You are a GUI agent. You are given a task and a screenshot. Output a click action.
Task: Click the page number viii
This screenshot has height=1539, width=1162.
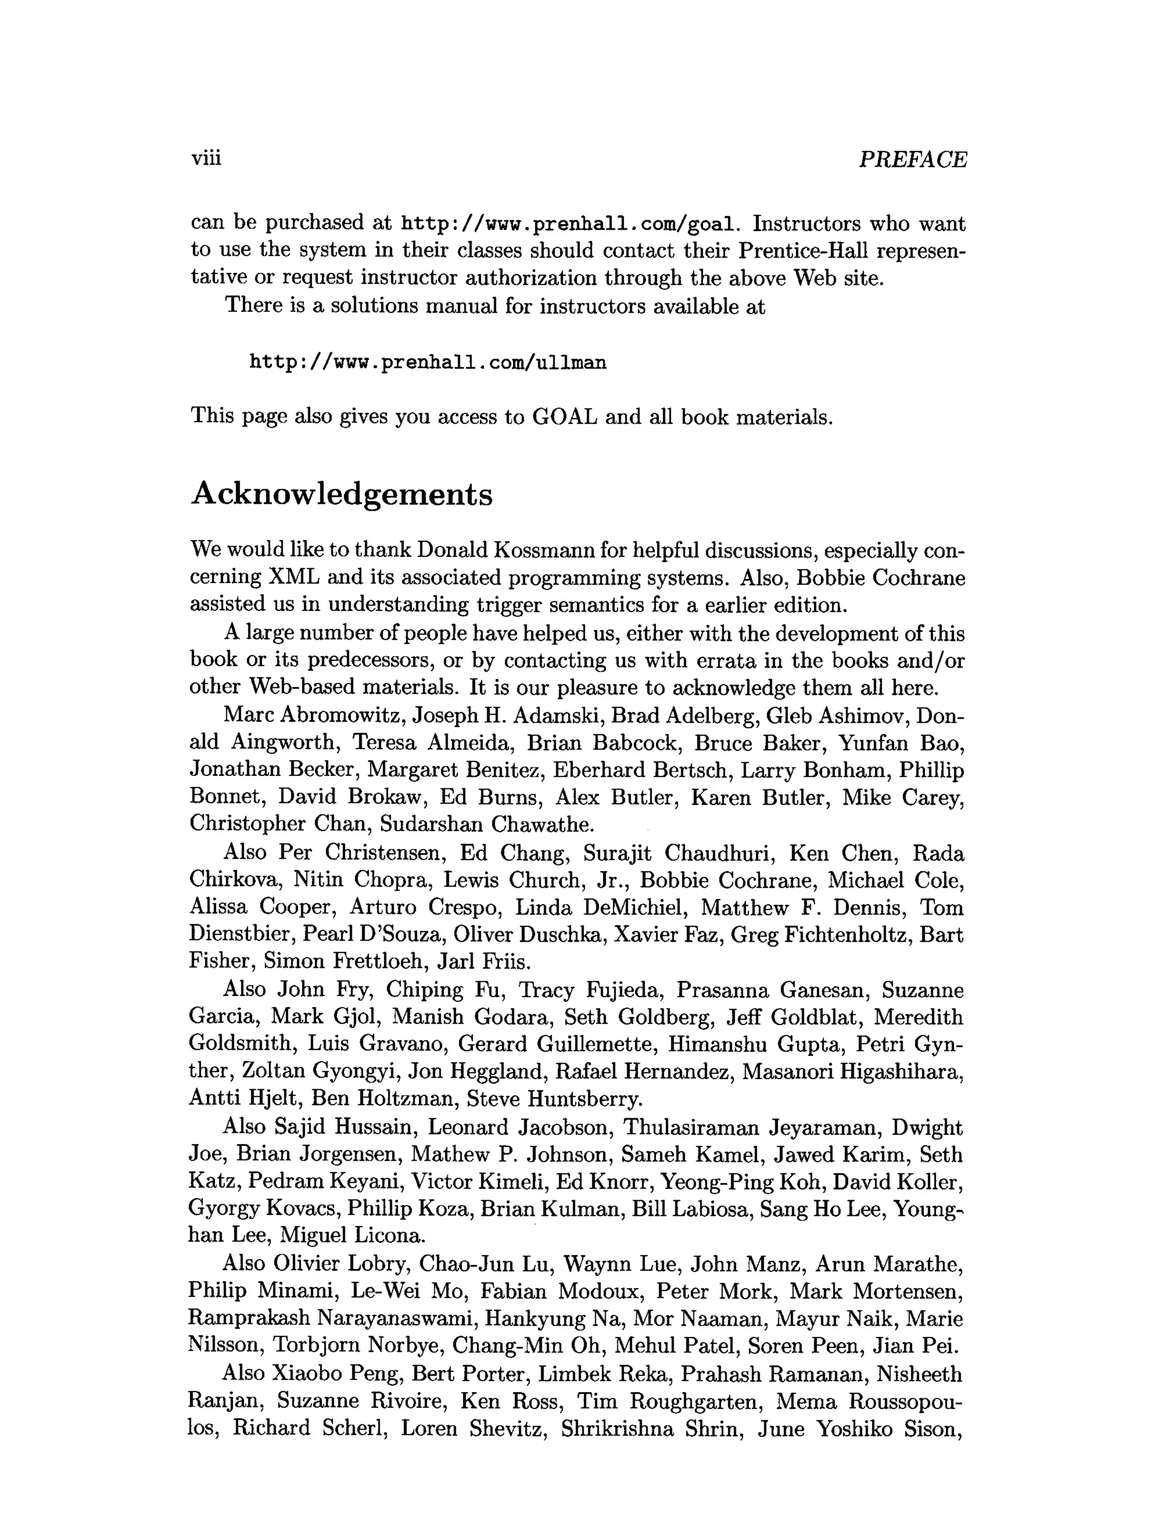[206, 159]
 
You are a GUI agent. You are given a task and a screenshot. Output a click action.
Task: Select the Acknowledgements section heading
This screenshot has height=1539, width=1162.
[342, 495]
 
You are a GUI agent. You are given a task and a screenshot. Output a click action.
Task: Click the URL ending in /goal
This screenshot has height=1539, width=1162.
[569, 225]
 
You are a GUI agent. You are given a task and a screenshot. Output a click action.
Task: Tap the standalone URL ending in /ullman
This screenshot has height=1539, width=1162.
[428, 362]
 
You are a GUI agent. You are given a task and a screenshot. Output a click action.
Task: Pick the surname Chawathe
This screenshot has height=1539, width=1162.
[543, 824]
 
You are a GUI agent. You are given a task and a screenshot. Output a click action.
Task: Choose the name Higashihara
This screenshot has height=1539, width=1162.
[901, 1072]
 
